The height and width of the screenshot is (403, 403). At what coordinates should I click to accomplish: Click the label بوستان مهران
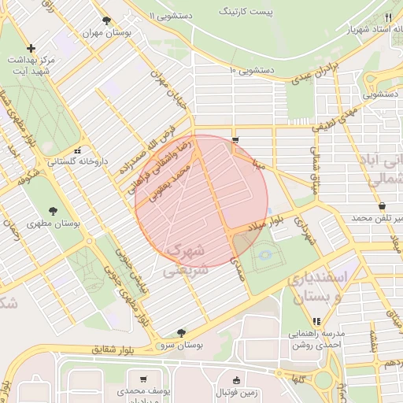pyautogui.click(x=106, y=35)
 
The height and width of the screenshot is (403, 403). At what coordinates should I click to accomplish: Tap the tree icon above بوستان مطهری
pyautogui.click(x=53, y=210)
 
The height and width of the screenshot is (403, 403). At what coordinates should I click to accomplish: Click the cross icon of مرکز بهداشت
pyautogui.click(x=31, y=49)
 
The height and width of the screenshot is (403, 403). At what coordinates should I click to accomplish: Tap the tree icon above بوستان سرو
pyautogui.click(x=182, y=333)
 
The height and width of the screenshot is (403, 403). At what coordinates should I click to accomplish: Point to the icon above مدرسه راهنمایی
pyautogui.click(x=316, y=321)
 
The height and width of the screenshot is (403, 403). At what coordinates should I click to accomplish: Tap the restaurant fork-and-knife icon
pyautogui.click(x=388, y=17)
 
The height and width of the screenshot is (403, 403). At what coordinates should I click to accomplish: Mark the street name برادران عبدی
pyautogui.click(x=315, y=73)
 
